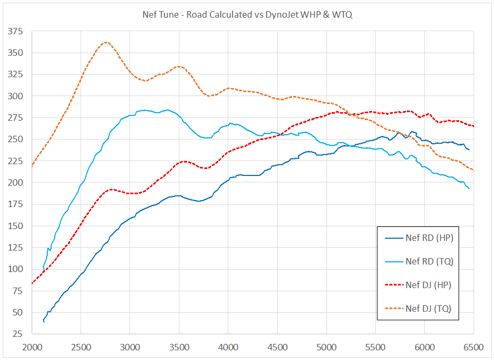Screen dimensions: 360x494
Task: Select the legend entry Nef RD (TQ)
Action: click(x=428, y=261)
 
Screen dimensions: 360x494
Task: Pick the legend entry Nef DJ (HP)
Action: click(x=428, y=285)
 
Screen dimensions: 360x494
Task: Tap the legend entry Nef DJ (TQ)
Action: click(x=428, y=308)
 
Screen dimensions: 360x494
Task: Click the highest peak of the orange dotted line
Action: click(x=106, y=42)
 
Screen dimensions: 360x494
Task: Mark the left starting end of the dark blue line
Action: click(x=43, y=321)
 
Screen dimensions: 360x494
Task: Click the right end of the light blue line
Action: click(x=469, y=188)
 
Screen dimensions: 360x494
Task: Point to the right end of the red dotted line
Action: click(x=474, y=127)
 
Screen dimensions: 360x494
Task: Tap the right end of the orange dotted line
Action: click(x=474, y=171)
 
